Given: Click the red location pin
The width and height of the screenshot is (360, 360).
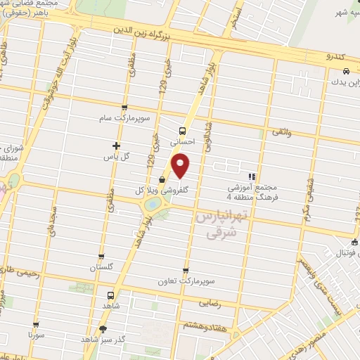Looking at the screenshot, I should (181, 166).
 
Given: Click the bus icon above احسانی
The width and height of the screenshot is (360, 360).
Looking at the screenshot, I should (183, 131).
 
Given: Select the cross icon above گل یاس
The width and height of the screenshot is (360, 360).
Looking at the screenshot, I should (117, 146).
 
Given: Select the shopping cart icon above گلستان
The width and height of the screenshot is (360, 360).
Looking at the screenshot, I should (102, 257).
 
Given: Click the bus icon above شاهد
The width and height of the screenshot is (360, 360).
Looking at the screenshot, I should (110, 296).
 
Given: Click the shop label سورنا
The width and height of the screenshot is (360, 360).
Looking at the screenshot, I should (35, 335).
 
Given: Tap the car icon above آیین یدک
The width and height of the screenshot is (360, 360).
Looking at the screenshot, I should (346, 72).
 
